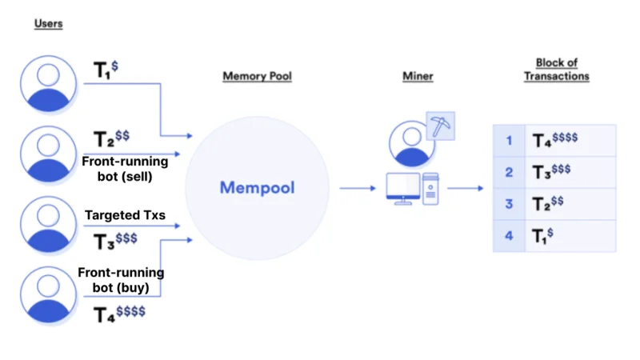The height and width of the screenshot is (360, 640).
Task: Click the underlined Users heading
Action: click(48, 24)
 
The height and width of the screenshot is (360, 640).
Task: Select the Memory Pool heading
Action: click(257, 76)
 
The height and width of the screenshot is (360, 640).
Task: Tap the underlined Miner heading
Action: click(418, 76)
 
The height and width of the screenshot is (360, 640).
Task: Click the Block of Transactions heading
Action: click(556, 70)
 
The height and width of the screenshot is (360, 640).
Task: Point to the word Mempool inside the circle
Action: click(257, 188)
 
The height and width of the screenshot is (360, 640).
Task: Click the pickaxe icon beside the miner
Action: click(441, 126)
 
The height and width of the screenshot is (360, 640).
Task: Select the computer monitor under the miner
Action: click(403, 189)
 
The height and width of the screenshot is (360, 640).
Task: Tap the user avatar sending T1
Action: click(48, 84)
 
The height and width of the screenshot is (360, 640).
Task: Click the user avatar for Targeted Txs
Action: click(48, 225)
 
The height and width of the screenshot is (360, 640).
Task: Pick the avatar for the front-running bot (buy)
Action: click(48, 294)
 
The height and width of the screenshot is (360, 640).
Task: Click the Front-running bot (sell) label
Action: click(125, 169)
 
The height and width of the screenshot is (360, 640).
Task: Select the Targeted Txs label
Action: click(125, 215)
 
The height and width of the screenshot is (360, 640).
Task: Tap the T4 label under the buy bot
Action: click(119, 314)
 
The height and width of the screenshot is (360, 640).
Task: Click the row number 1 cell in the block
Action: click(509, 141)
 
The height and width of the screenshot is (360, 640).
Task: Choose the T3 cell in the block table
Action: click(570, 172)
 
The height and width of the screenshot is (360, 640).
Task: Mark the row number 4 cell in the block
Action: click(509, 236)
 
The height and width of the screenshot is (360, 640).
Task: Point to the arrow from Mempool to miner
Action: click(358, 188)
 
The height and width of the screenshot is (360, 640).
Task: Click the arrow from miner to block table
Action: click(466, 188)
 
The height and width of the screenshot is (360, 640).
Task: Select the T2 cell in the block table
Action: click(570, 204)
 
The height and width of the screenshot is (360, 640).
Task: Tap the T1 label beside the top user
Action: click(106, 70)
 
